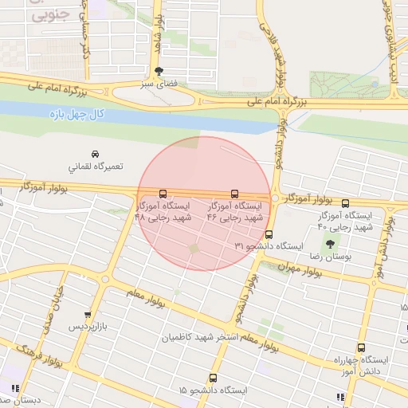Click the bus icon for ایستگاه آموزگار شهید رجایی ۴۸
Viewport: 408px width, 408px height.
163,194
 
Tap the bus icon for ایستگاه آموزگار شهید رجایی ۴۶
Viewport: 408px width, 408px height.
234,194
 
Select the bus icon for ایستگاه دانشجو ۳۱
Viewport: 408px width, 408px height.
269,235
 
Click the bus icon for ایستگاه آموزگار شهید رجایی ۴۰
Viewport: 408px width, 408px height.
345,203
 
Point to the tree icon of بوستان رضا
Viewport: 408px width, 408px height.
330,244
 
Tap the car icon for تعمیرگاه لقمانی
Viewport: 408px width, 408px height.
96,154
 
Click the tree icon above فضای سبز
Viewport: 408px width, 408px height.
159,71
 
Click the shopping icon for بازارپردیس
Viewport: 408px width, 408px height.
87,315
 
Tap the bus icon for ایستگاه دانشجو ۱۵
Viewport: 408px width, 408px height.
213,378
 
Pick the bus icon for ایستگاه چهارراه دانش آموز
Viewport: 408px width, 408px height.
361,347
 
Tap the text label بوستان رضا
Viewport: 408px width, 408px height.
330,257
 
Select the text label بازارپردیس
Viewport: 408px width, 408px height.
85,328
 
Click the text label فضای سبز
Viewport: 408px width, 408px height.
158,83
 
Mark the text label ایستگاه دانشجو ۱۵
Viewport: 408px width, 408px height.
213,390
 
